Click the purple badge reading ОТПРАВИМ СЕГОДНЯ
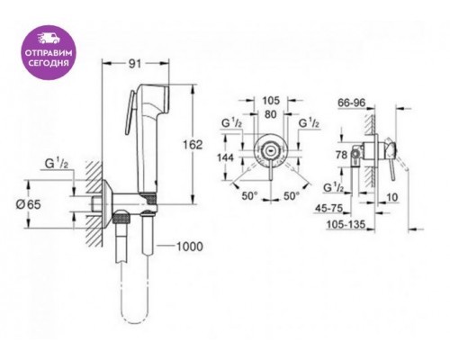(x=49, y=52)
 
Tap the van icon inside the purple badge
(x=49, y=39)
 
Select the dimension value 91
(x=135, y=63)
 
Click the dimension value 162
(x=193, y=145)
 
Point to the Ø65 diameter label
(x=28, y=204)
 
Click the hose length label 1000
(x=189, y=247)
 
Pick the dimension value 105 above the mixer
(x=271, y=101)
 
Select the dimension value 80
(x=271, y=114)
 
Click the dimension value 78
(x=341, y=155)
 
